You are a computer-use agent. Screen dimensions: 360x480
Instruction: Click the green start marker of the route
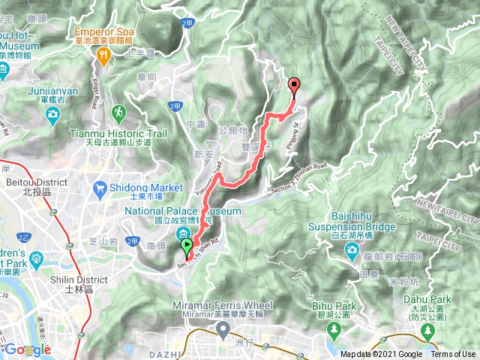click(x=186, y=245)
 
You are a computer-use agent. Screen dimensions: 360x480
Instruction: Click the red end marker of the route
click(x=294, y=85)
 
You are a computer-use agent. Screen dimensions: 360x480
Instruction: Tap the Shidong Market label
click(x=146, y=187)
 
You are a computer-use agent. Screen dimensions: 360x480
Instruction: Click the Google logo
click(x=28, y=349)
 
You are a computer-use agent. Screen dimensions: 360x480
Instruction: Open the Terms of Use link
click(x=452, y=354)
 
